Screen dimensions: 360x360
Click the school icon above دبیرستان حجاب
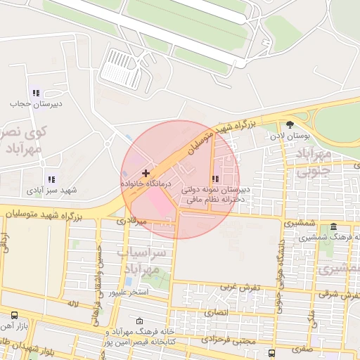[36, 94]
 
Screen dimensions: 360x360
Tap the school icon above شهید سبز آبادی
[51, 180]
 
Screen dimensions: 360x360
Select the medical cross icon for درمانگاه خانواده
[146, 172]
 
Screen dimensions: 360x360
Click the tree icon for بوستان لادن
[290, 124]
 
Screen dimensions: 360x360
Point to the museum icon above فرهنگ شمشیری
[333, 227]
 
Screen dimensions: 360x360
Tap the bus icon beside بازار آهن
[15, 316]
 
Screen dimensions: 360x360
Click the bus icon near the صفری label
[272, 352]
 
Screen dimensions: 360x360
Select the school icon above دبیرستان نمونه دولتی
[215, 179]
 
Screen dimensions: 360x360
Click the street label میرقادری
[132, 221]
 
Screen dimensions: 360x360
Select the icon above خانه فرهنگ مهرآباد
[139, 321]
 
